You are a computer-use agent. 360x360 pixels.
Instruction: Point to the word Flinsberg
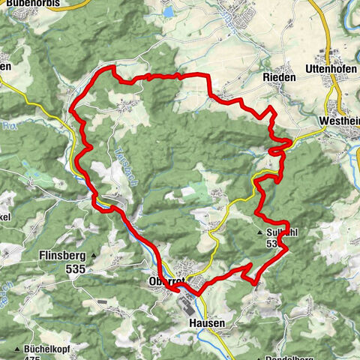pos(60,255)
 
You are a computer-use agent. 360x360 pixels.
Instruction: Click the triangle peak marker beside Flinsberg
pos(94,256)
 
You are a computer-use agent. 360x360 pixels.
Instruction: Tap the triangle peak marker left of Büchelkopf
pos(16,349)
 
